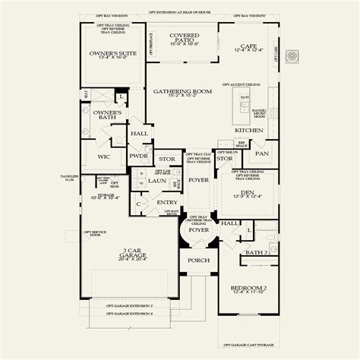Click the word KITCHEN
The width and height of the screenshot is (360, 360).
(248, 130)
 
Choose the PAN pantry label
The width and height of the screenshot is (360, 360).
(261, 153)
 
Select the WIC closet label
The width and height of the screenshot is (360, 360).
(105, 157)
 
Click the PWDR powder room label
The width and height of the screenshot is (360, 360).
(138, 155)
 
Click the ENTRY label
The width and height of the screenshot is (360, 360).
(166, 203)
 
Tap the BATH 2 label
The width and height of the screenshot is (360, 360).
(256, 251)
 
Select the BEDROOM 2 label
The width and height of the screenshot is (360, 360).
(249, 288)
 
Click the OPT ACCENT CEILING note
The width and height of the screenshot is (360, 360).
(242, 84)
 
